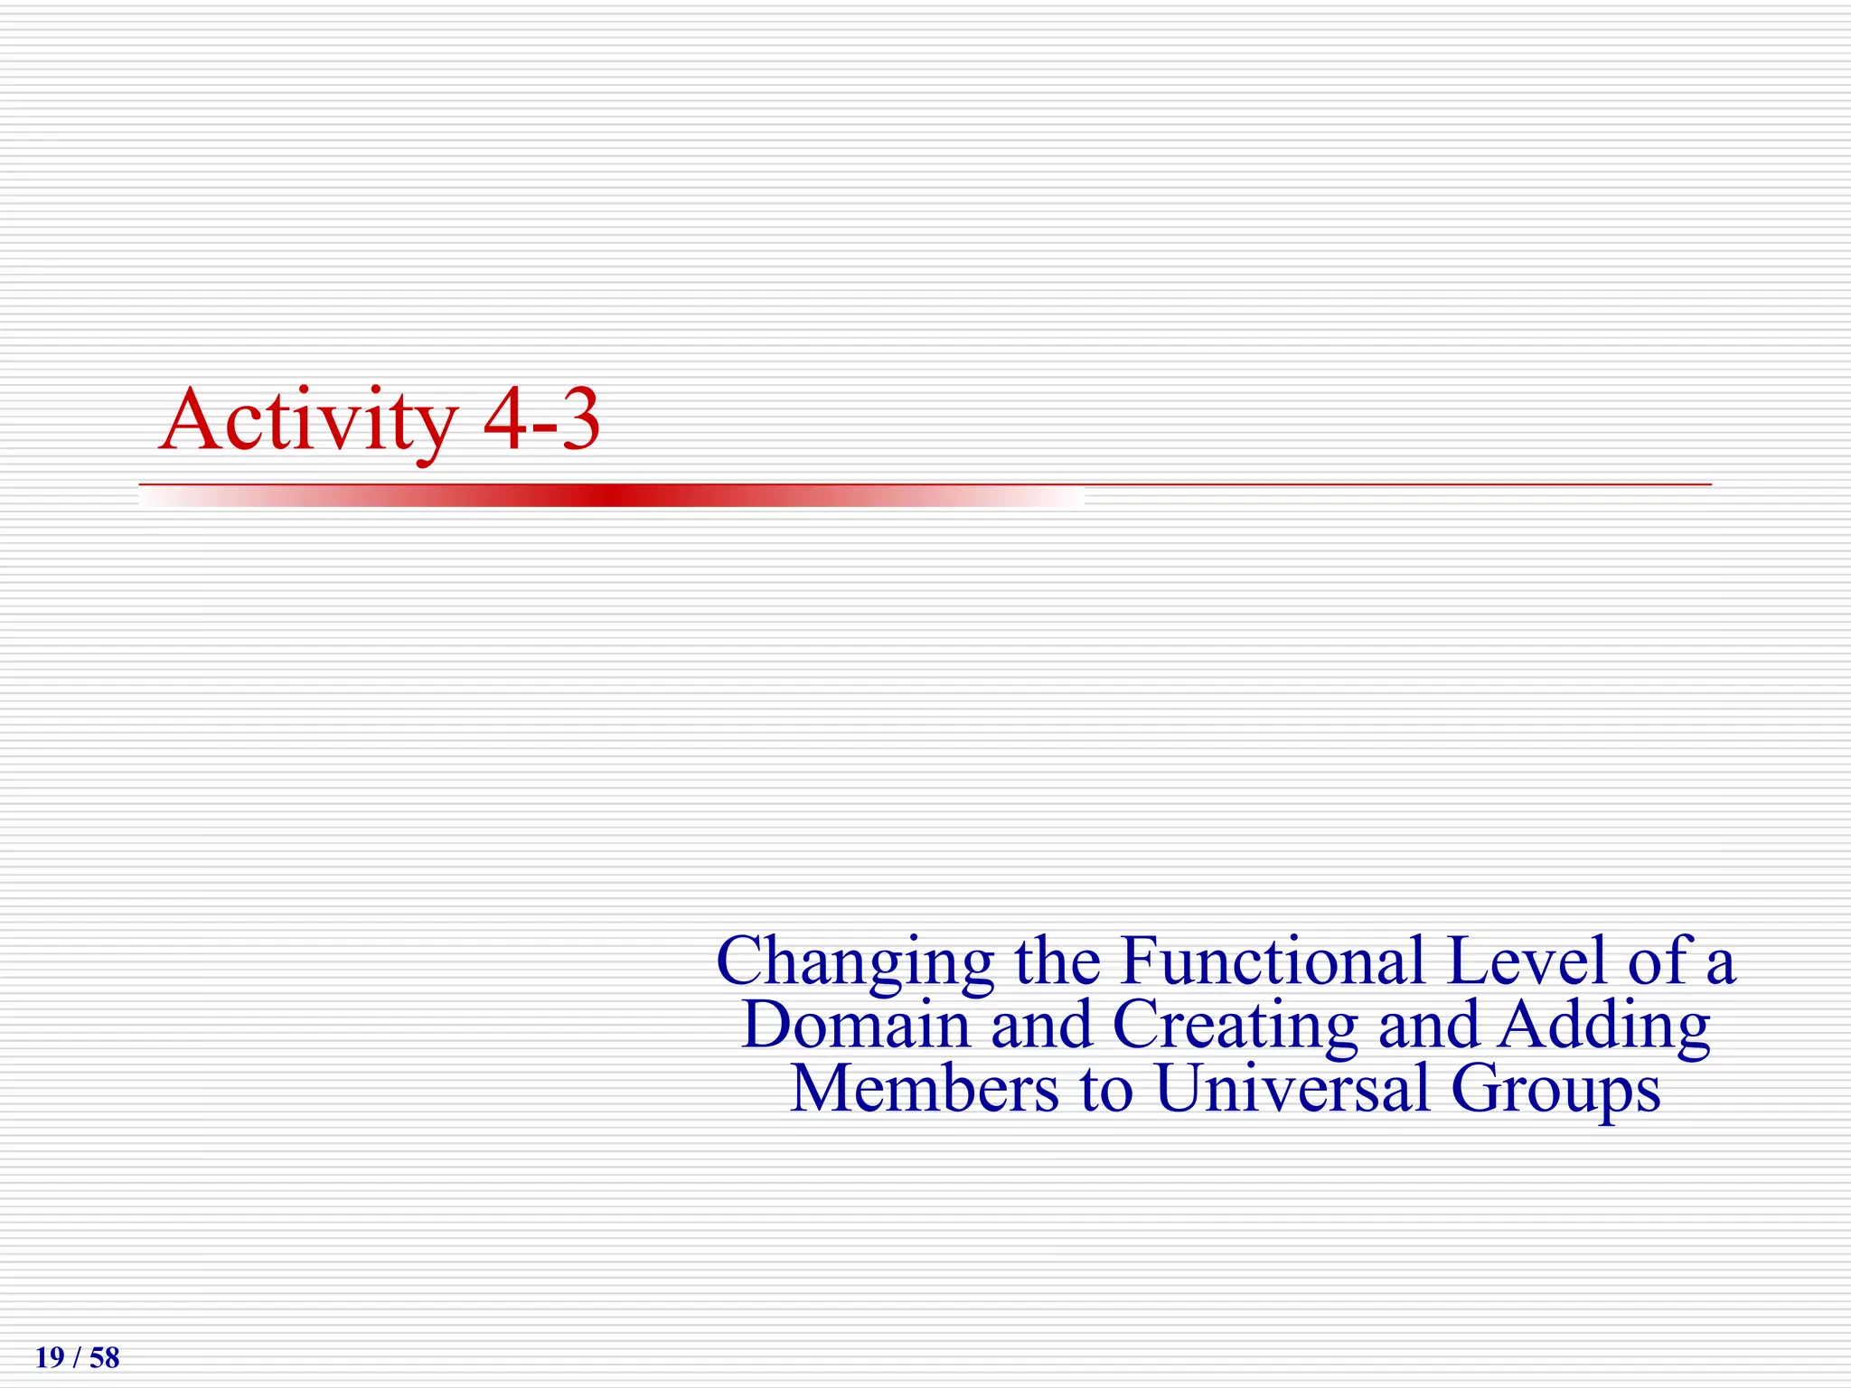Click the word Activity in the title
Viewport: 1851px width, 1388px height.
[307, 420]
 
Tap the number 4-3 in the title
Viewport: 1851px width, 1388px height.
[541, 420]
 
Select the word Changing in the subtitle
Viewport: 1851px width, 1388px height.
[854, 962]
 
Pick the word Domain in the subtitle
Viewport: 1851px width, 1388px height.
[855, 1025]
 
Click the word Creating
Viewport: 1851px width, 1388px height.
[1235, 1027]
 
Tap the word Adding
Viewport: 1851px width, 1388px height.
[1604, 1027]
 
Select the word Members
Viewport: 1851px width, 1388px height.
[924, 1088]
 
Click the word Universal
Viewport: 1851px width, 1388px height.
[1292, 1088]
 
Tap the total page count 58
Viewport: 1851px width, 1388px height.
[105, 1358]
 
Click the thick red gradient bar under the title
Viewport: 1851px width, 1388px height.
[611, 495]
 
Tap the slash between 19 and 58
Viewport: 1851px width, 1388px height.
[77, 1358]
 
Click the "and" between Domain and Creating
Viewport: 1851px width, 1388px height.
[1041, 1025]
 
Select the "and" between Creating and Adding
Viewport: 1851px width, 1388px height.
[1429, 1025]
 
